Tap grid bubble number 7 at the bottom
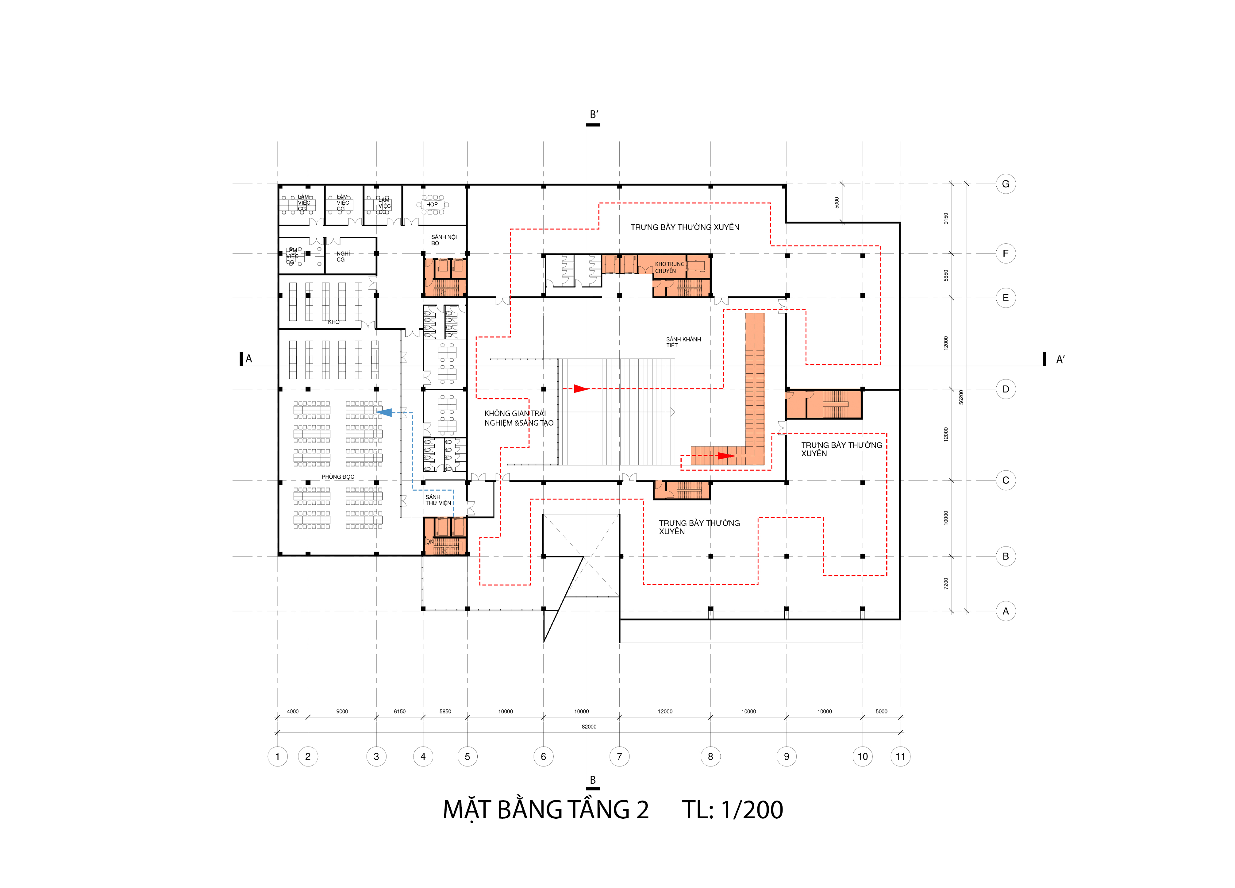click(619, 756)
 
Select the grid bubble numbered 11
click(900, 756)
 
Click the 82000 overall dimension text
click(589, 727)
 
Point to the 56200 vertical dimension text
click(961, 397)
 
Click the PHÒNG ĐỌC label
click(338, 477)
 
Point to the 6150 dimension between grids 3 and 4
click(400, 712)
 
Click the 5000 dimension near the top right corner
click(837, 203)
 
